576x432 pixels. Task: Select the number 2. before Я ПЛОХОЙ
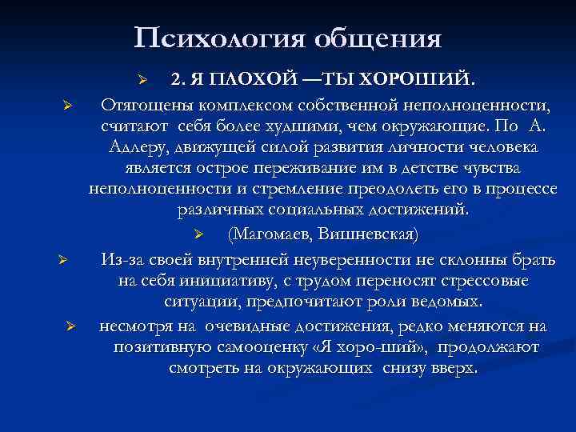[178, 78]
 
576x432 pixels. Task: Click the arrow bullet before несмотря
[70, 326]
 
